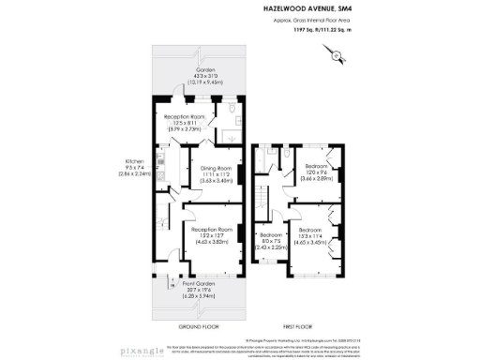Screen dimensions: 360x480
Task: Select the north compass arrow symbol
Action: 336,57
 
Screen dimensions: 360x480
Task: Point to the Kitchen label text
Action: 128,160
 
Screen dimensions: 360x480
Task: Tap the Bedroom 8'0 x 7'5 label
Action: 271,235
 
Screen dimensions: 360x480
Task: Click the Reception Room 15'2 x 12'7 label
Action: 212,230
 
